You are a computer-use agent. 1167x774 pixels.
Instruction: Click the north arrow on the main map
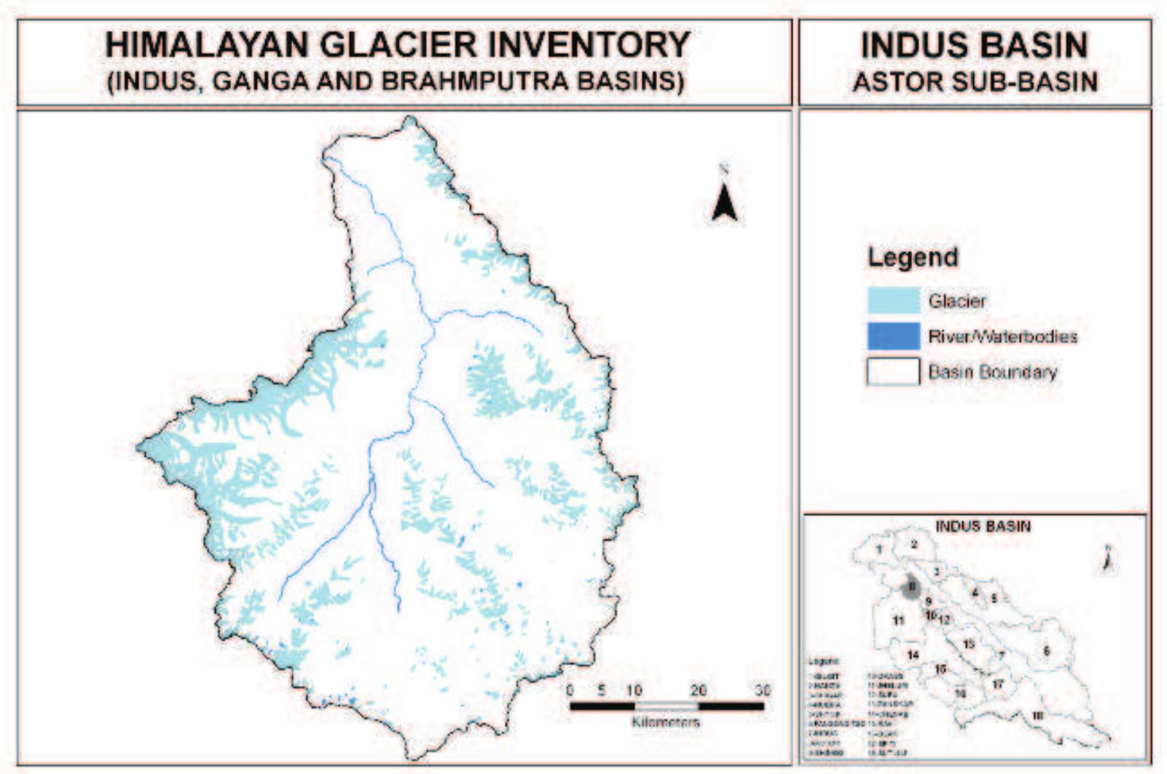tap(724, 201)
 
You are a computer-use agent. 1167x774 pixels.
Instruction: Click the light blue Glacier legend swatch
tap(893, 301)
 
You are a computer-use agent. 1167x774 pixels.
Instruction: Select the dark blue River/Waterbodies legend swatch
tap(893, 336)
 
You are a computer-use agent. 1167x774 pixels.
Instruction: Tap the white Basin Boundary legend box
tap(893, 371)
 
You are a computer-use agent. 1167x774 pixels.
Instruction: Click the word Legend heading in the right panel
tap(913, 257)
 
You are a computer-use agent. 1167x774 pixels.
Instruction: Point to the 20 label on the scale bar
tap(698, 690)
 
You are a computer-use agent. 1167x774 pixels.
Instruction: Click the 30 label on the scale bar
tap(762, 690)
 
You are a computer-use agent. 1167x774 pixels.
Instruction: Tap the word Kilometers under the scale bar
tap(666, 722)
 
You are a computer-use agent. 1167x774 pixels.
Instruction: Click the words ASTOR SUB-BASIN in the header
tap(975, 82)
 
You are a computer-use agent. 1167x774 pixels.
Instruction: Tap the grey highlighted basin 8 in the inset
tap(911, 588)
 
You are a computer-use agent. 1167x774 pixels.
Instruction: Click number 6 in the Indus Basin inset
tap(1047, 651)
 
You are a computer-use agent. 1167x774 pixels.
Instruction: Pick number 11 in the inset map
tap(898, 620)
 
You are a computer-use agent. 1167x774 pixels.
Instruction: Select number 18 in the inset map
tap(1037, 716)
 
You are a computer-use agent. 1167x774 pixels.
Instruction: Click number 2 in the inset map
tap(914, 545)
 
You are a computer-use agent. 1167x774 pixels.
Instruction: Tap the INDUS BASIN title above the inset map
tap(983, 526)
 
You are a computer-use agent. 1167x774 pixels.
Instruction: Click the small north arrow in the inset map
tap(1107, 560)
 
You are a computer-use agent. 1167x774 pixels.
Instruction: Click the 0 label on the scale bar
tap(570, 690)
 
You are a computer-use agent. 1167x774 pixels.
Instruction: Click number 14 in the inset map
tap(913, 655)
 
